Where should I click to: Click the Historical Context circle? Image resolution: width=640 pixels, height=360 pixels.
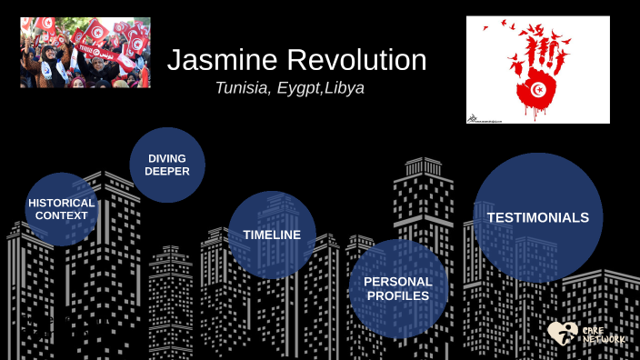click(x=62, y=210)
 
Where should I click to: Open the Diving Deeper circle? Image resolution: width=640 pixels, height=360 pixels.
click(x=167, y=165)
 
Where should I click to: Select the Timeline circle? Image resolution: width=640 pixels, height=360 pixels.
click(x=272, y=235)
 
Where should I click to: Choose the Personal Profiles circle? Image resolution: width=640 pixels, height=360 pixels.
click(x=398, y=288)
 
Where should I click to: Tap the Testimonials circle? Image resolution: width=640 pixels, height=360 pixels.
click(x=538, y=218)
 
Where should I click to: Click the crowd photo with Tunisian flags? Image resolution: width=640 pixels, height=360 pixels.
click(x=85, y=52)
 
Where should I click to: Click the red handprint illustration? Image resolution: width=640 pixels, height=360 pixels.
click(x=538, y=68)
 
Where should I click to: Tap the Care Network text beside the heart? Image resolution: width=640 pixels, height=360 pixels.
click(x=604, y=334)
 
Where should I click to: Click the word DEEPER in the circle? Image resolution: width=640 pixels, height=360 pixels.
click(x=167, y=171)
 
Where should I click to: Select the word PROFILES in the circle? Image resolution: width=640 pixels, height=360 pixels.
click(x=398, y=295)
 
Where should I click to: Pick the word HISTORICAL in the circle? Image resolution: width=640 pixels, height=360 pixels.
click(x=62, y=203)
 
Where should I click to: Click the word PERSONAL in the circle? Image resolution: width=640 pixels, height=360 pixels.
click(x=398, y=281)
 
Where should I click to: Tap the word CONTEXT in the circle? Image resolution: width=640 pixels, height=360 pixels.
click(x=62, y=216)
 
